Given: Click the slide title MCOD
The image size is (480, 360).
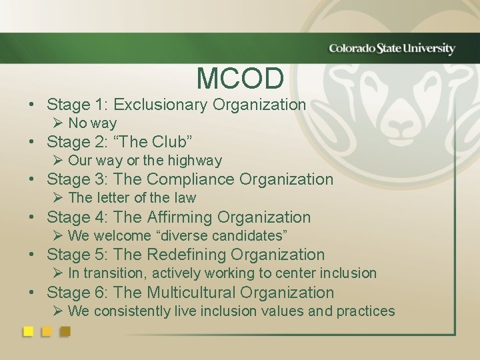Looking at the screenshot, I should [x=240, y=79].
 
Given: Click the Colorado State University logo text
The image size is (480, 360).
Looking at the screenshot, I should [x=392, y=49].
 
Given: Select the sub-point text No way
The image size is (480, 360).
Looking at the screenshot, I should [x=92, y=123].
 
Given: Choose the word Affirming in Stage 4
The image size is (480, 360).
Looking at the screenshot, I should [x=179, y=217].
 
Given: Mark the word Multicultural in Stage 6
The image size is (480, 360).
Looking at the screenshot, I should [x=191, y=293].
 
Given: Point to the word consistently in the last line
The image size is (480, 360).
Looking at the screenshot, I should [x=129, y=311].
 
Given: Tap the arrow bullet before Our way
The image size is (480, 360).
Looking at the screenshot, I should [x=59, y=161].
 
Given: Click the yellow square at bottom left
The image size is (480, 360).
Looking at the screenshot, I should [x=29, y=331].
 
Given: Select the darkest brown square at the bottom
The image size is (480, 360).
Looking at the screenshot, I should [x=65, y=331].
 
